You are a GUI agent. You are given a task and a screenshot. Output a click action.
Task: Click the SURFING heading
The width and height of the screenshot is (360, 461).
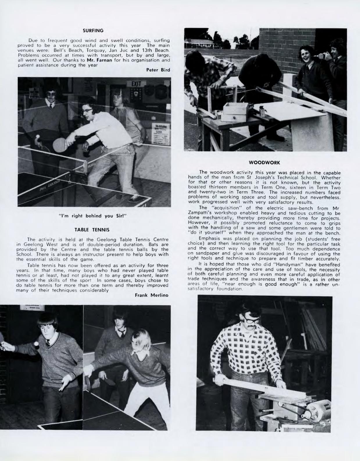[x=93, y=30]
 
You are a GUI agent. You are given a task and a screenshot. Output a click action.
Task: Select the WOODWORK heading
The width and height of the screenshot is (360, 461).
[x=264, y=163]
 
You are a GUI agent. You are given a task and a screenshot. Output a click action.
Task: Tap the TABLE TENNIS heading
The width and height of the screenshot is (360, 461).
[x=92, y=230]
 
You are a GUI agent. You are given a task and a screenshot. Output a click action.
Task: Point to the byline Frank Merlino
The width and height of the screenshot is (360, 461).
[x=152, y=295]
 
